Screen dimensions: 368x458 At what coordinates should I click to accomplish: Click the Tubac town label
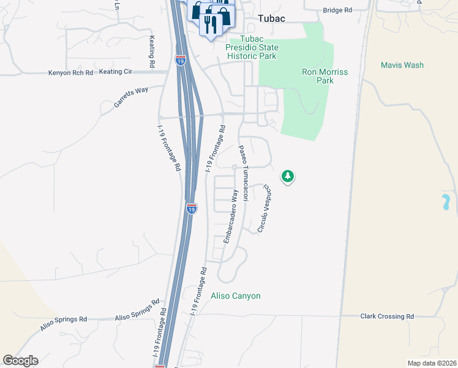(x=271, y=19)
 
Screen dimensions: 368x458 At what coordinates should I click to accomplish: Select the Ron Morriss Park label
(x=325, y=76)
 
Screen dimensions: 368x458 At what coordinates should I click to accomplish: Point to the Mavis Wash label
(x=402, y=65)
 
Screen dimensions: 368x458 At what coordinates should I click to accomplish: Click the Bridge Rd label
(x=337, y=10)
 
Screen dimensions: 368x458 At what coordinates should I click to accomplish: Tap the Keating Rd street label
(x=151, y=52)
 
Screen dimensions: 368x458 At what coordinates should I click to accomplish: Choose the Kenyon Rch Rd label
(x=70, y=73)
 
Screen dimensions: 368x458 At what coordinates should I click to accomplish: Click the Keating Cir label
(x=116, y=72)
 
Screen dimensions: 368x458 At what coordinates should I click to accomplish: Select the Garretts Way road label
(x=131, y=98)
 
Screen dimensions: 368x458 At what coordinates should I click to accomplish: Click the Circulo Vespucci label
(x=264, y=208)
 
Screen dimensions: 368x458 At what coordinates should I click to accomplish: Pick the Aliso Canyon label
(x=236, y=296)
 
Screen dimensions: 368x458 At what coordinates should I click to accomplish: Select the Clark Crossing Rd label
(x=386, y=316)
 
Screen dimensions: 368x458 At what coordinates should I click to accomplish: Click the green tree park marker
(x=287, y=177)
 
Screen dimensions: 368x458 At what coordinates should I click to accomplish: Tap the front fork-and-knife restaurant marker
(x=211, y=25)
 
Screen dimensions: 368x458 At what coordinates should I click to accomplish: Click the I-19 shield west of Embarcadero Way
(x=192, y=209)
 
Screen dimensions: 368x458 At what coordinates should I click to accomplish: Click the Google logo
(x=20, y=361)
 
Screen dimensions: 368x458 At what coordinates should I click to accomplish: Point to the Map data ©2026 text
(x=432, y=363)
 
